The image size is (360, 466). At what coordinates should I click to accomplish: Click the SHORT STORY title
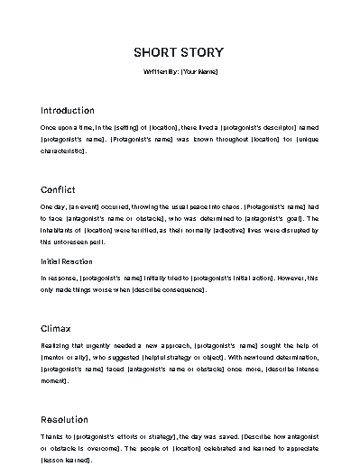pyautogui.click(x=179, y=51)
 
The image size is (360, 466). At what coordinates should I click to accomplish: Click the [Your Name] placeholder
pyautogui.click(x=198, y=70)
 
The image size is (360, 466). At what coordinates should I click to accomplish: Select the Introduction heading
pyautogui.click(x=68, y=110)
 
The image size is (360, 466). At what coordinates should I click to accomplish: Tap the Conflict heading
pyautogui.click(x=59, y=189)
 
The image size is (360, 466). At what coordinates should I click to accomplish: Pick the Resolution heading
pyautogui.click(x=64, y=419)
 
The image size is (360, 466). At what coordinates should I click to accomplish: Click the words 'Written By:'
pyautogui.click(x=161, y=70)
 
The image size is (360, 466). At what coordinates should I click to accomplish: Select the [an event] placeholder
pyautogui.click(x=85, y=206)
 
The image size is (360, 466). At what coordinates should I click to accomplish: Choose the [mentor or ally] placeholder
pyautogui.click(x=64, y=357)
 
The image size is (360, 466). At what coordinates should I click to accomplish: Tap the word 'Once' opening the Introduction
pyautogui.click(x=50, y=127)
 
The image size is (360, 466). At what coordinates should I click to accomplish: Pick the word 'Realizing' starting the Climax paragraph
pyautogui.click(x=55, y=345)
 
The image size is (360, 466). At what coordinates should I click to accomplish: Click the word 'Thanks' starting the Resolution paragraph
pyautogui.click(x=52, y=436)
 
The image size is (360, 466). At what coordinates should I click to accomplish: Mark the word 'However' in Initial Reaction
pyautogui.click(x=285, y=278)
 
